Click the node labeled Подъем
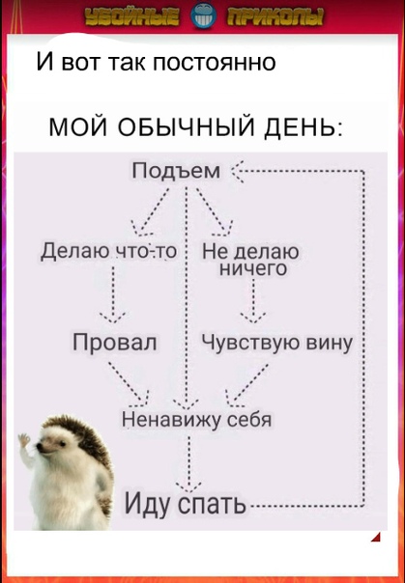(x=177, y=171)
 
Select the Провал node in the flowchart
(x=115, y=342)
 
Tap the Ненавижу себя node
(x=197, y=420)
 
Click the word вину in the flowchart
(x=329, y=342)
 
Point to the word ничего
(x=253, y=268)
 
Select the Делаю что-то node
(x=108, y=251)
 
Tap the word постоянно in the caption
(x=214, y=62)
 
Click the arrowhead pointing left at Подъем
(x=238, y=172)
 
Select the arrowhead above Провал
(x=113, y=318)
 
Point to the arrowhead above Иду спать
(x=188, y=486)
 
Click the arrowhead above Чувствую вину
(x=253, y=318)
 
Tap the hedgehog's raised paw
(x=24, y=440)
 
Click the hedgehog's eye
(x=63, y=443)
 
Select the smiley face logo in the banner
(x=202, y=16)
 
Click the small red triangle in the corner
(x=377, y=538)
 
